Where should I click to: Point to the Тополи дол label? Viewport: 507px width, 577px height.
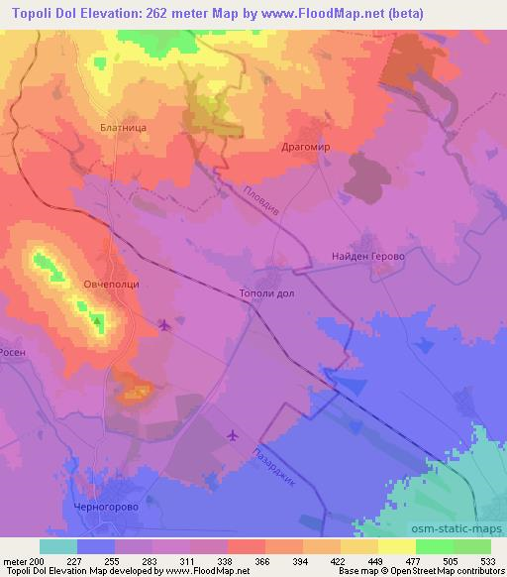(x=267, y=293)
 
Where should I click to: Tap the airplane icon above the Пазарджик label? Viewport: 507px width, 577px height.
(x=233, y=434)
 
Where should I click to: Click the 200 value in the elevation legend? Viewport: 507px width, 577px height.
(x=39, y=560)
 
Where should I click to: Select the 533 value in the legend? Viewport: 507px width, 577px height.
(x=489, y=560)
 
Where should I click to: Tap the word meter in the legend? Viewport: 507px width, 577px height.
(x=17, y=560)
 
